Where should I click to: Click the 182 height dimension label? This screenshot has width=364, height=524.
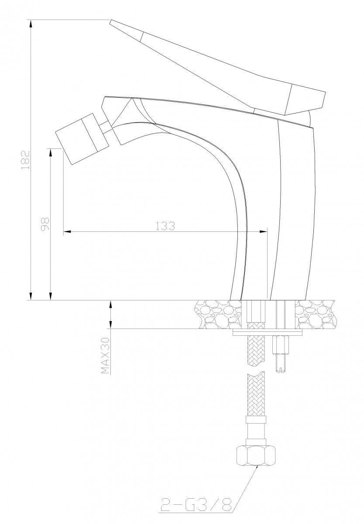pyautogui.click(x=25, y=160)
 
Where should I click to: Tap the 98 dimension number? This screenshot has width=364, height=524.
pyautogui.click(x=45, y=224)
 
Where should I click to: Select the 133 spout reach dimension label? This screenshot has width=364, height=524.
pyautogui.click(x=165, y=226)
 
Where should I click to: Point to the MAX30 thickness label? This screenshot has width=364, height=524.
pyautogui.click(x=106, y=356)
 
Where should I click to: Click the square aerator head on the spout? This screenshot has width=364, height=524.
pyautogui.click(x=81, y=139)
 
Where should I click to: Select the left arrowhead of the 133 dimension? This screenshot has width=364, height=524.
pyautogui.click(x=67, y=231)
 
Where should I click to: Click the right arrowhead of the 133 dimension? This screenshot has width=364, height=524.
pyautogui.click(x=263, y=231)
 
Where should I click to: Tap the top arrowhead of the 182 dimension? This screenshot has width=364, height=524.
pyautogui.click(x=30, y=24)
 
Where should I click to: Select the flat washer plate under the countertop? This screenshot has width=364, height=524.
pyautogui.click(x=268, y=332)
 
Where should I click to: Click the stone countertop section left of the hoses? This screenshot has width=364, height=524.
pyautogui.click(x=218, y=314)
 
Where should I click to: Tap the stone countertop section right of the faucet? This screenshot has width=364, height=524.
pyautogui.click(x=316, y=314)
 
